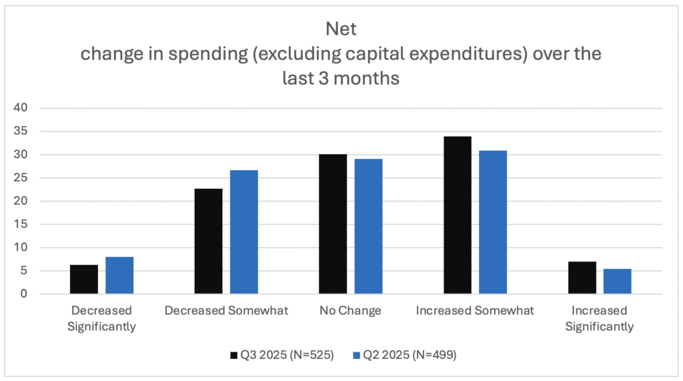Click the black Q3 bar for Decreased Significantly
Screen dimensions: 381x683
(84, 280)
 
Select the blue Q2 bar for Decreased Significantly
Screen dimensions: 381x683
(119, 276)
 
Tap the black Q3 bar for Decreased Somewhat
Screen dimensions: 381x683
(208, 242)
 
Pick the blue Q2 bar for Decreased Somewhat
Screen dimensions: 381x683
(244, 232)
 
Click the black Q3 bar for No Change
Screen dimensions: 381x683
(333, 224)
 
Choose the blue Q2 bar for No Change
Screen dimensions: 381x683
(368, 226)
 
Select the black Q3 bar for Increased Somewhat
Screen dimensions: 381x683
(458, 216)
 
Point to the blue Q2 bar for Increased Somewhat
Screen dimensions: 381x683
(493, 222)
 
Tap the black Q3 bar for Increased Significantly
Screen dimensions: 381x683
(582, 278)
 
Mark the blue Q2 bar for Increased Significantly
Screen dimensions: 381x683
(618, 282)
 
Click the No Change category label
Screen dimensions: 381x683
(350, 310)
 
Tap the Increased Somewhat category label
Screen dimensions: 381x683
(475, 310)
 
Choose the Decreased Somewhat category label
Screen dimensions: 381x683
(226, 310)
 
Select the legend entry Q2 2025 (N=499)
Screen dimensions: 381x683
(405, 356)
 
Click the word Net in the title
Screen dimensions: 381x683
(341, 29)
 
